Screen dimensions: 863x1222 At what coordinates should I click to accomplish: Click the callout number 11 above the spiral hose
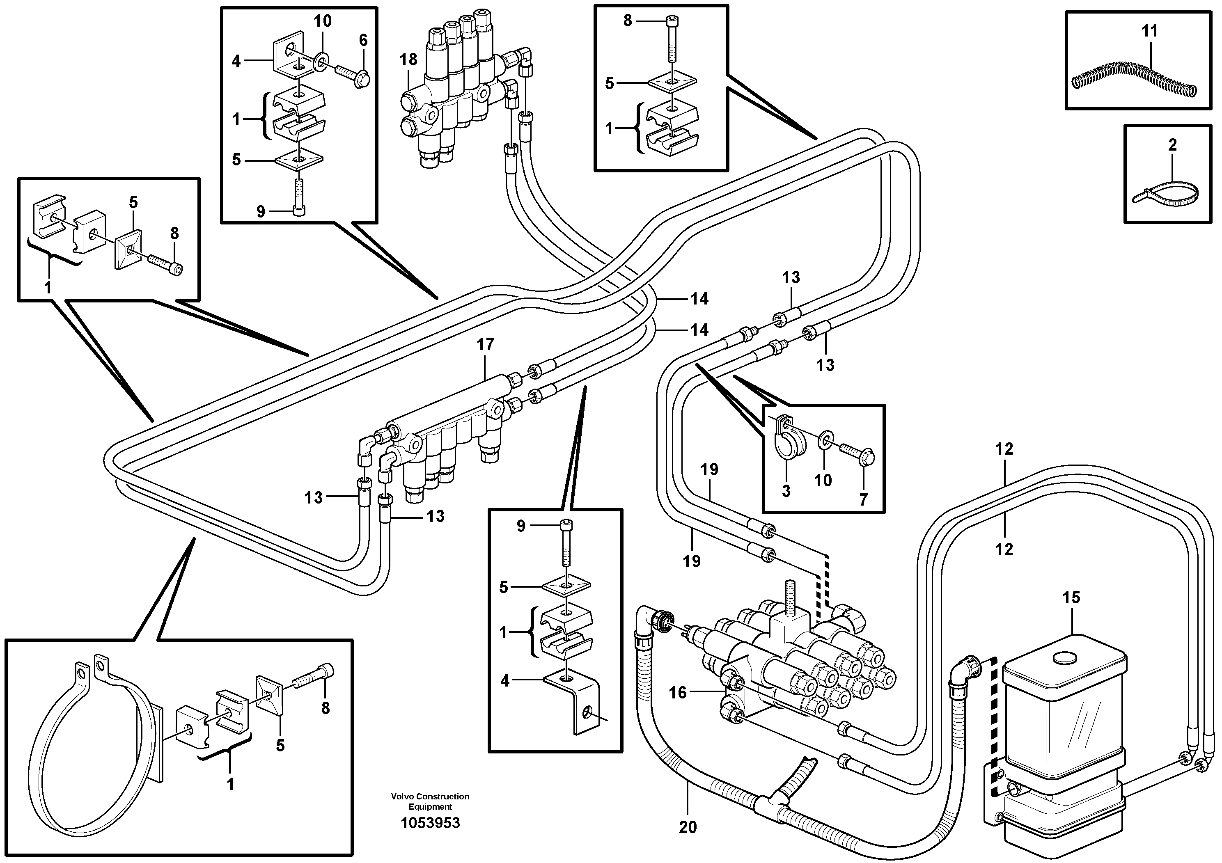click(1150, 31)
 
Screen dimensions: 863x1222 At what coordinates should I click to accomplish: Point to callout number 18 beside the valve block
click(409, 60)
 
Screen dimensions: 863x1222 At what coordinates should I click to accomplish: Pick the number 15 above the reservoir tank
click(1071, 597)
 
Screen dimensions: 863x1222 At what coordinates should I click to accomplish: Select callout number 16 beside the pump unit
click(678, 692)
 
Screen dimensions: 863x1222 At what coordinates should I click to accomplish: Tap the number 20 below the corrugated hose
click(688, 827)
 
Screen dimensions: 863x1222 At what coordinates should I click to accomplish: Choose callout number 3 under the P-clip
click(786, 490)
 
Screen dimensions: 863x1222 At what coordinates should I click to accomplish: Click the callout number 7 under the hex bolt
click(863, 499)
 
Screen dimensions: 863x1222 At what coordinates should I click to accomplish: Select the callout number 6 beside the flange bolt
click(364, 40)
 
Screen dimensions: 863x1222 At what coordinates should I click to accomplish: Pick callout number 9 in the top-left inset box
click(260, 212)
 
